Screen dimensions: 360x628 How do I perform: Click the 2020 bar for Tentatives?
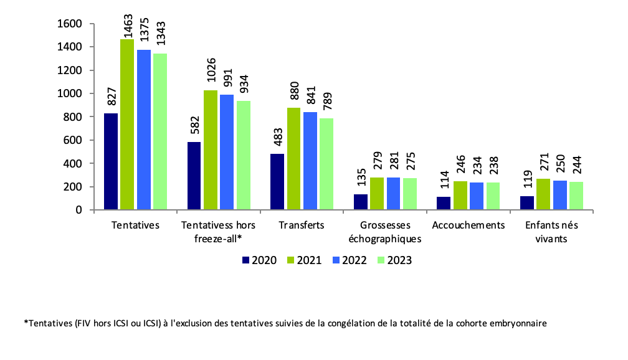[111, 161]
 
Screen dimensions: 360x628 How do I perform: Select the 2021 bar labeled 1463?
[127, 125]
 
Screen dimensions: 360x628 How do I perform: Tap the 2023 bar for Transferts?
[326, 164]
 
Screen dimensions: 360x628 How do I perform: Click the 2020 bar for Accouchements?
[444, 203]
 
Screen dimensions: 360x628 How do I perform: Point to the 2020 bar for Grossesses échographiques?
[360, 202]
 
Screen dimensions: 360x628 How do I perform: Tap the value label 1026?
[211, 73]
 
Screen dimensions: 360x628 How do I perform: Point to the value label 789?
[326, 102]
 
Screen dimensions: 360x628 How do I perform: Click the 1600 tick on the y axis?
[70, 24]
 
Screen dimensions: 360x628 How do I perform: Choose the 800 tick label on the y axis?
[74, 117]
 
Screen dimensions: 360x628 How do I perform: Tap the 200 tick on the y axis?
[74, 187]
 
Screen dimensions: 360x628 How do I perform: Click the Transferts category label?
[302, 225]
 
